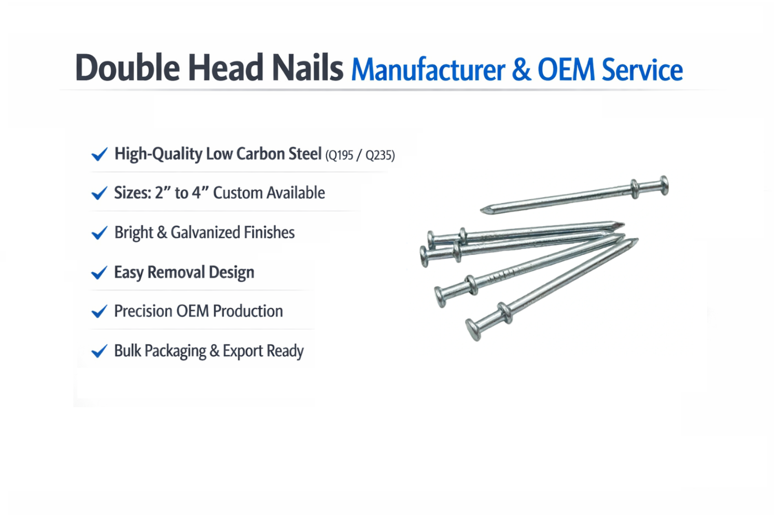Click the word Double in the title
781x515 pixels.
coord(127,67)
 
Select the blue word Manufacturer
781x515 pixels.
coord(428,70)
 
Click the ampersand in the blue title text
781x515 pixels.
coord(521,70)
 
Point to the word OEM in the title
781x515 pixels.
coord(566,70)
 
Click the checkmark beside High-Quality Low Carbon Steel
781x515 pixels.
coord(99,155)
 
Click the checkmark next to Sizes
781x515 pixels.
coord(99,193)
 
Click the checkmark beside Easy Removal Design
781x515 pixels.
coord(99,272)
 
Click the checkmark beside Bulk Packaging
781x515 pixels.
coord(99,351)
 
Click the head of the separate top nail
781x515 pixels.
coord(664,186)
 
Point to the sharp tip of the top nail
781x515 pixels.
coord(483,211)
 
